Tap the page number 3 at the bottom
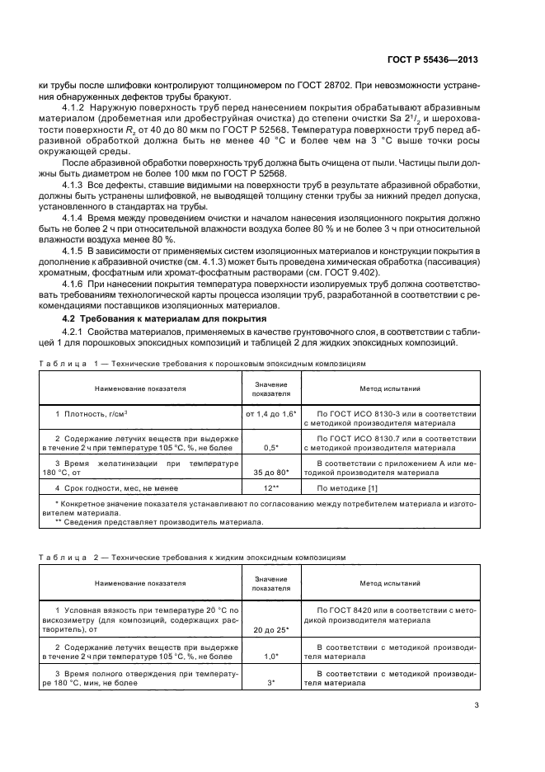pos(477,704)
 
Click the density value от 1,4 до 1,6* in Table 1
pos(270,412)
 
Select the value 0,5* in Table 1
pos(270,447)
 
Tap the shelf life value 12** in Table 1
pos(270,489)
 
